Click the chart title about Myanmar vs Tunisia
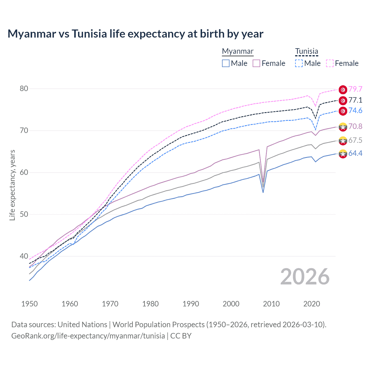coord(135,34)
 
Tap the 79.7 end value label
coord(355,89)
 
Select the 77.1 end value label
coord(355,100)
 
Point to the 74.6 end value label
coord(355,111)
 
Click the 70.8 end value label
coord(355,126)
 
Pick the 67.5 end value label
coord(355,140)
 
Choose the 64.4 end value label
coord(355,153)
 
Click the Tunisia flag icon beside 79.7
coord(343,90)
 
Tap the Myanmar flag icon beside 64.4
coord(343,154)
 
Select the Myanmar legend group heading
coord(238,51)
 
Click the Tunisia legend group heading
coord(306,51)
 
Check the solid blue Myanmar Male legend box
coord(226,63)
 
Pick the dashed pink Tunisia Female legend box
coord(330,63)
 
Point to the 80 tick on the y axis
coord(24,89)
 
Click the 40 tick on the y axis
coord(24,256)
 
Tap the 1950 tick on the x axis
coord(29,304)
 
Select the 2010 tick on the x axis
coord(271,304)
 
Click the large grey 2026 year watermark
coord(305,277)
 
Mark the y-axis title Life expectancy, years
coord(12,185)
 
